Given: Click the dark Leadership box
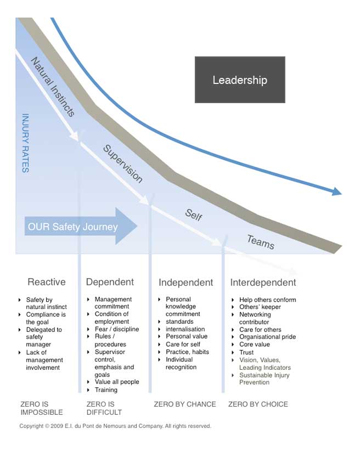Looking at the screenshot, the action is coord(240,80).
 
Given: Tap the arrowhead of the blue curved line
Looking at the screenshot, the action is coord(337,191).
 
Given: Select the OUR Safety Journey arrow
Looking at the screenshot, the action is coord(81,227).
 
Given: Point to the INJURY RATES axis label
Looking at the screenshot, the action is coord(26,143).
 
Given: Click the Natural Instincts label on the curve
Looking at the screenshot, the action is coord(53,87).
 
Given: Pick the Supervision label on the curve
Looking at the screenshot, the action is coord(123,164).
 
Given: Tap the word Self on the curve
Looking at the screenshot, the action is coord(194,215).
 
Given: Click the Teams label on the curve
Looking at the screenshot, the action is coord(261,242).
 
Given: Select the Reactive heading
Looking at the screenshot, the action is coord(47,282).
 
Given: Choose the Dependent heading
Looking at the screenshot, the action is coord(110,282).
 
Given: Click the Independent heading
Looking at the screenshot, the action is coord(186,283).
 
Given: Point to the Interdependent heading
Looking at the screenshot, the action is coord(263,283).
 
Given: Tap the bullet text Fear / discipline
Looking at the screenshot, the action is coord(117,329).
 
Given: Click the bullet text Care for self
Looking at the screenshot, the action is coord(183,345).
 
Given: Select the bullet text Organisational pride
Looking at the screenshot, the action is coord(268,337).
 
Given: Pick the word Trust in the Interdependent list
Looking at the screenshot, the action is coord(246,352).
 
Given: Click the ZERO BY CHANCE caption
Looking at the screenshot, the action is coord(185,404).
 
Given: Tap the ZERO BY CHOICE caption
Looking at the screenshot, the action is coord(258,404).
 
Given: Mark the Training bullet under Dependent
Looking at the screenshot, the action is coord(106,390).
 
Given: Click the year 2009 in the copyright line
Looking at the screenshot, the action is coord(57,426).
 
